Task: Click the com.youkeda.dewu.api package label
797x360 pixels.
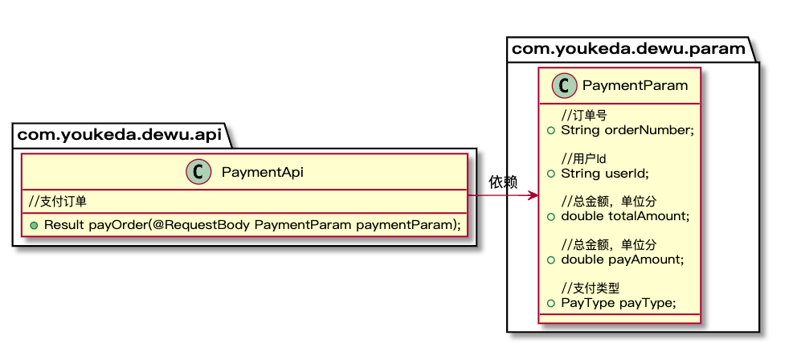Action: tap(121, 134)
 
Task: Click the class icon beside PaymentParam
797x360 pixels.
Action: tap(565, 85)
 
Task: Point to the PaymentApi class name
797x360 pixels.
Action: tap(262, 172)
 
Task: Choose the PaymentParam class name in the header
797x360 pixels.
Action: tap(635, 85)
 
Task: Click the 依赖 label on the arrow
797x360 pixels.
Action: tap(503, 182)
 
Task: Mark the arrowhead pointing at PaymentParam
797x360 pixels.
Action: tap(533, 196)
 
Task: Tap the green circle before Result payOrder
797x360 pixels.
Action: tap(35, 225)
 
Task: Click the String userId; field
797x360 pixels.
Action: tap(605, 173)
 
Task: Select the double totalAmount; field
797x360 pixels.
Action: tap(625, 216)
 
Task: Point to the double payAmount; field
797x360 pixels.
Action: tap(622, 260)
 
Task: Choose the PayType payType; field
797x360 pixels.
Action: tap(619, 303)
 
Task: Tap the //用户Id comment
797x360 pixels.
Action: tap(584, 159)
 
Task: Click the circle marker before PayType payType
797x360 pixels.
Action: tap(550, 304)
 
